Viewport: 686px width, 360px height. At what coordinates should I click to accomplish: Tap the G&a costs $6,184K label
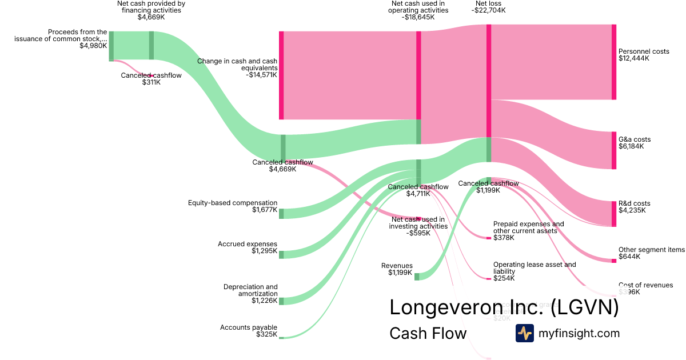634,143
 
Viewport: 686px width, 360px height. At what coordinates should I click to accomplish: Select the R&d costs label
634,207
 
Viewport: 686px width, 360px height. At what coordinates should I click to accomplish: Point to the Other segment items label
651,253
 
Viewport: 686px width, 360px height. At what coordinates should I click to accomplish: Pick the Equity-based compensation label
233,206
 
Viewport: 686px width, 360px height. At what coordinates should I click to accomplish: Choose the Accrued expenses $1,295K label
247,247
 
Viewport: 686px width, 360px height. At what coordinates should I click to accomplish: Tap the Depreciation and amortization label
250,294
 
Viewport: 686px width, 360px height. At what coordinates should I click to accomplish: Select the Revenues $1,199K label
397,269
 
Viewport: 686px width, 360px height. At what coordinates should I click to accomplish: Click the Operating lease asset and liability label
535,271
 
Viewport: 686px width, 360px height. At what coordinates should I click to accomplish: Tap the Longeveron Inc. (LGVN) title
504,307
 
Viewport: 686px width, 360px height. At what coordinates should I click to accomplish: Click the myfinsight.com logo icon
524,333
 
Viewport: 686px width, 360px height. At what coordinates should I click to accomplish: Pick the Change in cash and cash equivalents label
237,67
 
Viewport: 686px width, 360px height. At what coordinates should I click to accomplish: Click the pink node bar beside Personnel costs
614,62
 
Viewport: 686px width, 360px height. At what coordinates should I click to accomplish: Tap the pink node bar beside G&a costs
614,150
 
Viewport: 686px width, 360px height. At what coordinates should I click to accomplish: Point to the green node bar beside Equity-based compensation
281,213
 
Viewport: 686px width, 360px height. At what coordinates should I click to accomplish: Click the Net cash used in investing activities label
418,226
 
